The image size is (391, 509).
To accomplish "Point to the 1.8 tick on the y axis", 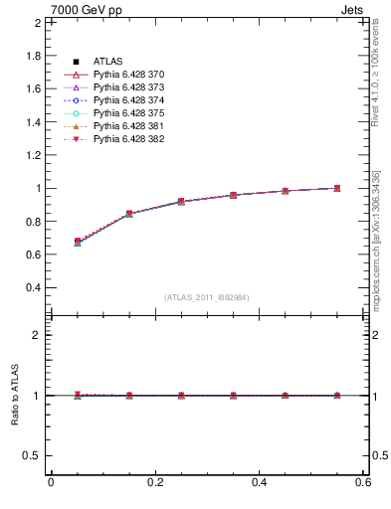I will pos(32,55).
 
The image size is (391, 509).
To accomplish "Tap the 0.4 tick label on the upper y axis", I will pos(32,288).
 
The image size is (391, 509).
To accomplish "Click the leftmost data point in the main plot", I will pos(77,242).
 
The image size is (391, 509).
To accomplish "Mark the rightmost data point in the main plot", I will pos(337,188).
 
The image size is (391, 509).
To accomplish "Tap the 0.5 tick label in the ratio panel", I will pos(31,455).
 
